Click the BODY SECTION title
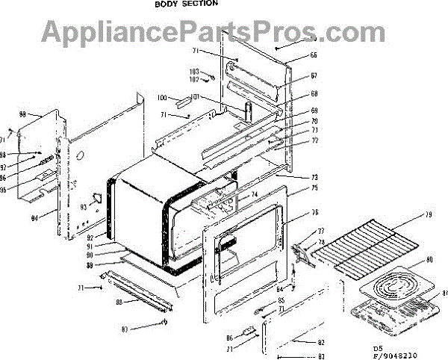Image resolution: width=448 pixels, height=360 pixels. point(187,4)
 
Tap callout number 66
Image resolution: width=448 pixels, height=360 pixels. point(314,55)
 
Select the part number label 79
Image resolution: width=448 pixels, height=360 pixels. point(428,217)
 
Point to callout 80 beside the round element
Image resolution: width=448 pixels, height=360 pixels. point(429,261)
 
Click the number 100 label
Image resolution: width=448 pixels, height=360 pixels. point(162,99)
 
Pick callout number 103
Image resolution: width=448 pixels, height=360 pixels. point(193,72)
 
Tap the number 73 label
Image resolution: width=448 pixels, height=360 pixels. point(314,178)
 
